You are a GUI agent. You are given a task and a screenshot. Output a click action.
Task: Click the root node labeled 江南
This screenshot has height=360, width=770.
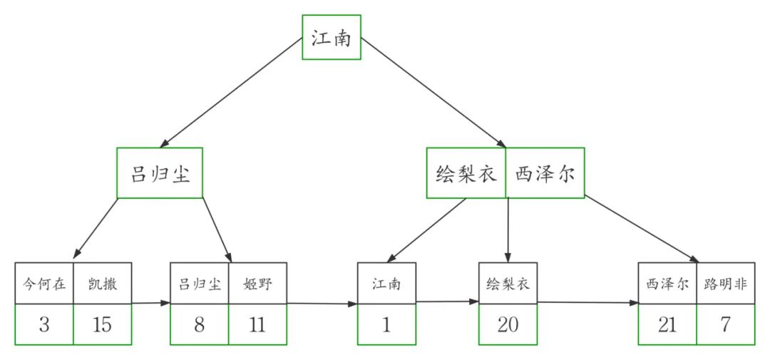[331, 38]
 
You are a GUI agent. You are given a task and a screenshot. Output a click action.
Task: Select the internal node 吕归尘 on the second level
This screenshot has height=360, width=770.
[160, 173]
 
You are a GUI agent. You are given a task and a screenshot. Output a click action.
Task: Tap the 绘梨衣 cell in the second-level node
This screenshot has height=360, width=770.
[466, 173]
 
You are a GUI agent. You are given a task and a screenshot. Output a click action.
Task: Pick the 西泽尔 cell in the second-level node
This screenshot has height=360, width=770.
[545, 173]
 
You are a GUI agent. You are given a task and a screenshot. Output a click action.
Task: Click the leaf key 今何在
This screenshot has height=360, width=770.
[44, 283]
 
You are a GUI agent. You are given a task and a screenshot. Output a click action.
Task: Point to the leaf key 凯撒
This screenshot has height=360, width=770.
[103, 283]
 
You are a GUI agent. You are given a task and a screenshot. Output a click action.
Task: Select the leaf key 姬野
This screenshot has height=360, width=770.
[257, 283]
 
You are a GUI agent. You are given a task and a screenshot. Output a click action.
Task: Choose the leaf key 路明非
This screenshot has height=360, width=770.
[725, 283]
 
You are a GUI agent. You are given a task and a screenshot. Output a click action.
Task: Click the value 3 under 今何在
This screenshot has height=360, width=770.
[44, 324]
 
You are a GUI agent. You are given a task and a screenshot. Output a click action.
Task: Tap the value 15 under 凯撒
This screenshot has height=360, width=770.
[103, 324]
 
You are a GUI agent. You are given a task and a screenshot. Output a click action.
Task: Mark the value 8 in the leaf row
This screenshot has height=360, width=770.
[199, 324]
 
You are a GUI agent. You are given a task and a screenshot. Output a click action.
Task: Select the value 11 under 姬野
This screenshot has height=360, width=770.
[257, 324]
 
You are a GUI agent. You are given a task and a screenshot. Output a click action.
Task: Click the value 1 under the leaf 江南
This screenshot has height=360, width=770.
[386, 324]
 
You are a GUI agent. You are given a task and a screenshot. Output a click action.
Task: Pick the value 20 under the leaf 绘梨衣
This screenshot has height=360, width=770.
[508, 324]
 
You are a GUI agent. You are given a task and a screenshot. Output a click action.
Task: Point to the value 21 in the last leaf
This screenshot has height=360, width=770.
[667, 324]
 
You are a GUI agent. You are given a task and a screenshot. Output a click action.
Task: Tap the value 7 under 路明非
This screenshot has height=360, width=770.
[725, 324]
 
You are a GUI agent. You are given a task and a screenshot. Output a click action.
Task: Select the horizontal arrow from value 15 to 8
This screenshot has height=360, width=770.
[150, 303]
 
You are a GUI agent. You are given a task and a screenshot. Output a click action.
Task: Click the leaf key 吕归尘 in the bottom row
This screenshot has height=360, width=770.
[199, 283]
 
